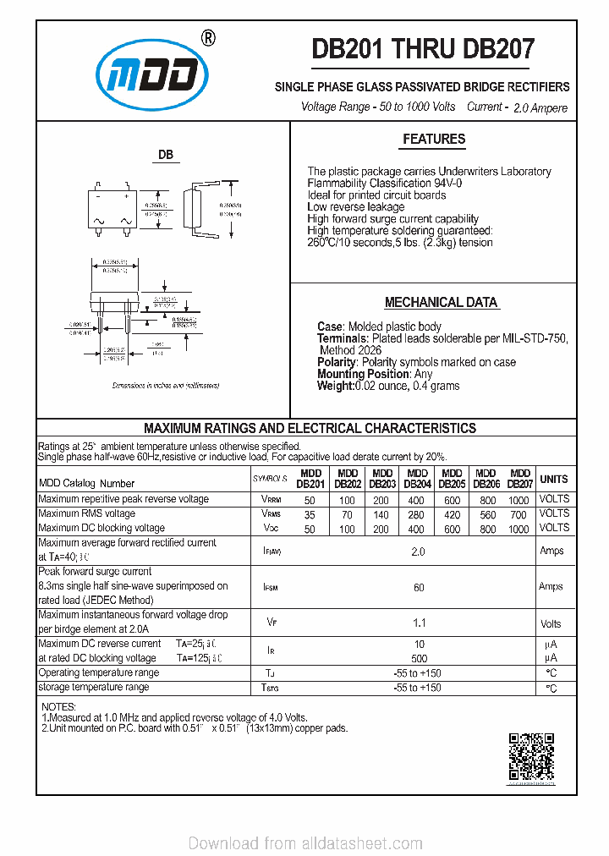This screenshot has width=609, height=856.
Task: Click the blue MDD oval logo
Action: [153, 75]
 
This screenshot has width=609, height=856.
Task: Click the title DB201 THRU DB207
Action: [422, 49]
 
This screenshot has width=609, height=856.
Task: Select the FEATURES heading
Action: [434, 139]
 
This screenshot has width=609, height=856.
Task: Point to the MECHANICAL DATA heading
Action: [441, 302]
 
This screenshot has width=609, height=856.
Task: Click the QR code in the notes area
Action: [531, 757]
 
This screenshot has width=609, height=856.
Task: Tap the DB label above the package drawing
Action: [166, 155]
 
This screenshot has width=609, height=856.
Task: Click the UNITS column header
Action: [554, 479]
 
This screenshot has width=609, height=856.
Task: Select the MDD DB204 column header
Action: [418, 479]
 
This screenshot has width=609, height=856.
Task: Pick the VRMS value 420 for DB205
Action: [453, 513]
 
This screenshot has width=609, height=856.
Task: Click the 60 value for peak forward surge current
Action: [419, 586]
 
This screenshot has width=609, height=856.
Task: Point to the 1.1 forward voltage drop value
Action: [419, 623]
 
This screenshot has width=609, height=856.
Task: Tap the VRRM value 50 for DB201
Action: [310, 499]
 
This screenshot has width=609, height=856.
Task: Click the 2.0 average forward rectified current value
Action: [418, 551]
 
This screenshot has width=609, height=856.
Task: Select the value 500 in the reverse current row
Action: [419, 657]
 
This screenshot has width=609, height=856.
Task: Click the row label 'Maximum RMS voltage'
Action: [87, 513]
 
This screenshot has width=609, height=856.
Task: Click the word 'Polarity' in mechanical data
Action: [337, 362]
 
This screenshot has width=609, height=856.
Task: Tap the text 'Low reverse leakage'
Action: [356, 207]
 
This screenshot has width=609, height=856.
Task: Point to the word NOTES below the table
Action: [58, 706]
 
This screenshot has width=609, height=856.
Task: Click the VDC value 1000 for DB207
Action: [518, 529]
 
